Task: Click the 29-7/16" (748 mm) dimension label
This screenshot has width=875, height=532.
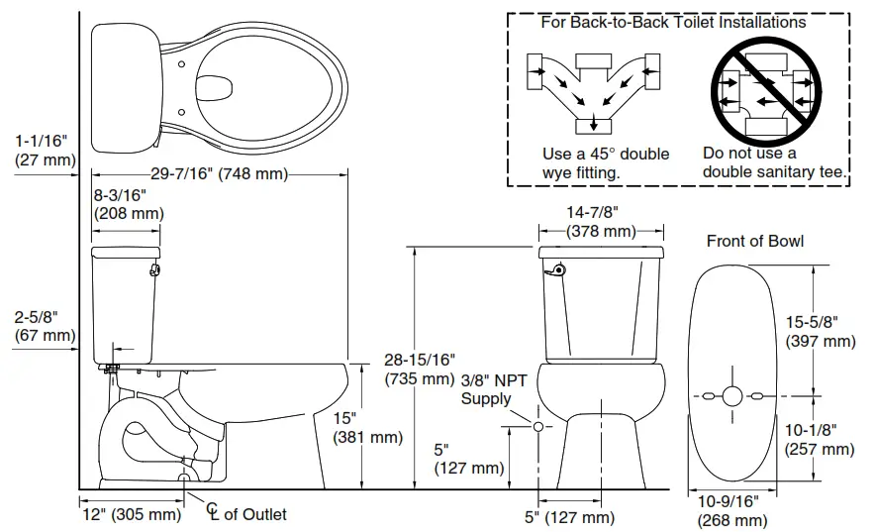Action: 219,174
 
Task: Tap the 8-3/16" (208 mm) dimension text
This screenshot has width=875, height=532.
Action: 126,204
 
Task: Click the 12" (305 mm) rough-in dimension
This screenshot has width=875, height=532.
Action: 131,514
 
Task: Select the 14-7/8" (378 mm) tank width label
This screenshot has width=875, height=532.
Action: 601,223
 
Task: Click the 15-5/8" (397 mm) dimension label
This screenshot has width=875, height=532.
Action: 821,332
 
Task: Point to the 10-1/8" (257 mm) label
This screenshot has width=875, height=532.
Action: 821,439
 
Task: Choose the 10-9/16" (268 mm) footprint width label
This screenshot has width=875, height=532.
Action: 732,511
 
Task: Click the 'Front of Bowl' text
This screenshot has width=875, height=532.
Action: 754,241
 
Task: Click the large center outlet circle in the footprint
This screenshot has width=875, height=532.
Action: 731,396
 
